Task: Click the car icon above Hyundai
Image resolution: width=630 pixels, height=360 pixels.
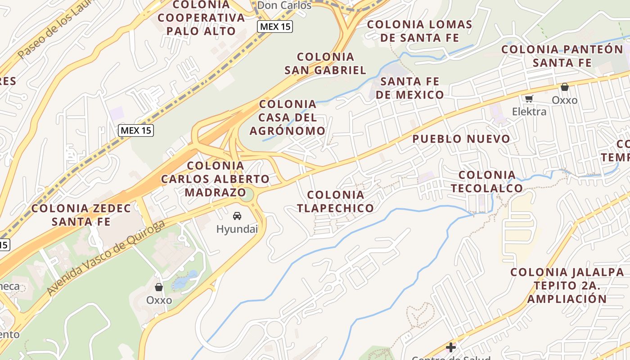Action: point(237,216)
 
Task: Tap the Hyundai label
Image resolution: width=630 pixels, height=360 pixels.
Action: point(237,229)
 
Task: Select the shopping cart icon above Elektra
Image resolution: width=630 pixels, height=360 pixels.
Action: point(529,99)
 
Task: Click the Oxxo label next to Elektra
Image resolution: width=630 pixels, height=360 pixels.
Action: point(564,100)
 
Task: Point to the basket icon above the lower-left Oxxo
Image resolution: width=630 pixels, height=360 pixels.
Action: point(158,287)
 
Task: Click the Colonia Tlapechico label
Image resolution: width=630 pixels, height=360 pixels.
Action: point(336,201)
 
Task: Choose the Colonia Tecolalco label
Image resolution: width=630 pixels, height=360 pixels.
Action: point(487,181)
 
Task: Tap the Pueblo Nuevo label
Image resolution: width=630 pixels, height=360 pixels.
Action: point(461,139)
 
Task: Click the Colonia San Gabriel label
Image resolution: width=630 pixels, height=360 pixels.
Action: point(325,63)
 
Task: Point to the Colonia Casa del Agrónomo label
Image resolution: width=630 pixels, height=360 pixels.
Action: point(288,117)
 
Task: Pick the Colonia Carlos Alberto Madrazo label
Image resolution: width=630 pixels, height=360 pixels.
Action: point(216,179)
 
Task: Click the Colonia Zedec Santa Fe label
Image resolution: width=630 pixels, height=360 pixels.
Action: point(81,215)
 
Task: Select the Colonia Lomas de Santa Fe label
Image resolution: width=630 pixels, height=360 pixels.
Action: point(419,31)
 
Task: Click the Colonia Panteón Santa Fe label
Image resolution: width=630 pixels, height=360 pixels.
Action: point(562,56)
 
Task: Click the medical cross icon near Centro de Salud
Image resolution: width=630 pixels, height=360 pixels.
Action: point(450,347)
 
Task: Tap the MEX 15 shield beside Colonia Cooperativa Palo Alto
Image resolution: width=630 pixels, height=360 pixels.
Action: point(275,27)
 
